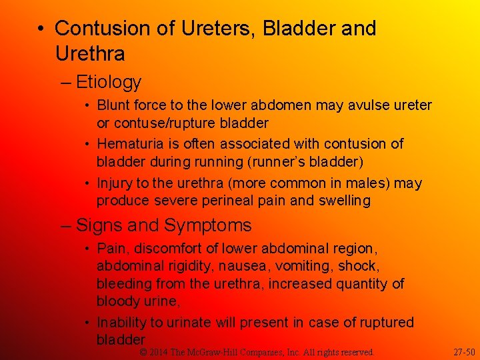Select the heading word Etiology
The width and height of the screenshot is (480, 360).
[109, 83]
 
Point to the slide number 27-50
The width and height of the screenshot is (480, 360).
[464, 351]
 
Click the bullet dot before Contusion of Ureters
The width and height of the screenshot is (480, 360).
[41, 29]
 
